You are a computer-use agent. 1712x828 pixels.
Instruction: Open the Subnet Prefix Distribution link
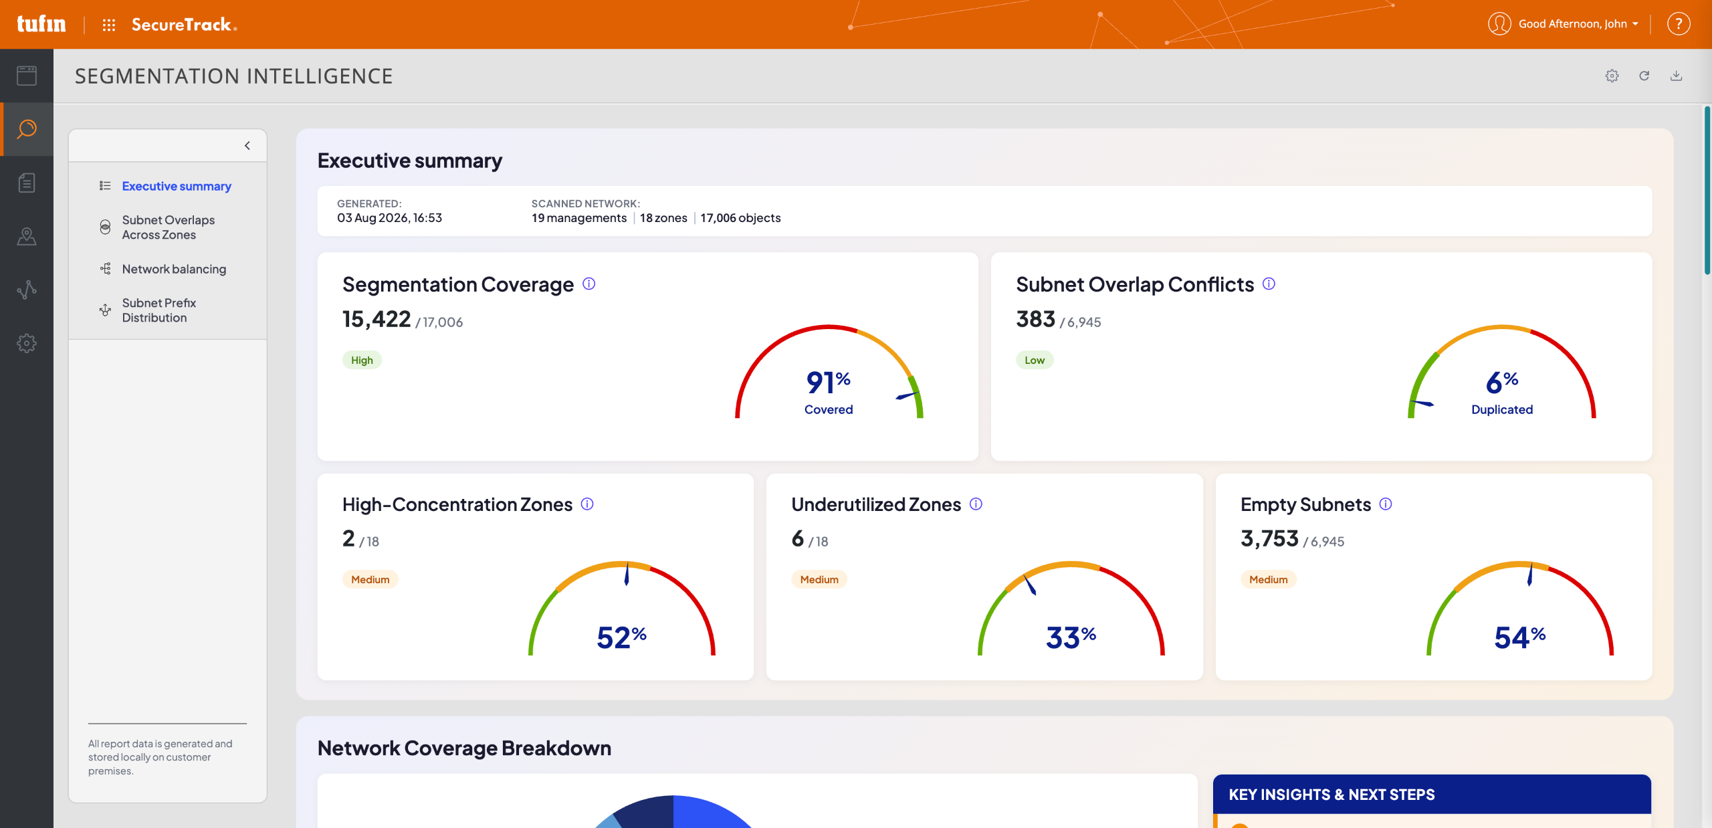[x=158, y=310]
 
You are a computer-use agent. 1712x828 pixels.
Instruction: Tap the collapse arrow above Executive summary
[x=247, y=145]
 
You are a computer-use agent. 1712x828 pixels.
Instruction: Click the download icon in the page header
[x=1676, y=76]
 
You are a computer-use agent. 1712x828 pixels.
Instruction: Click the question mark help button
[x=1679, y=24]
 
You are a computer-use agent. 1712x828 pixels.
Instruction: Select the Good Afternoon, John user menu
[x=1564, y=24]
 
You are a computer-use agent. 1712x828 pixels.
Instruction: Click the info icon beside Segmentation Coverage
[x=588, y=284]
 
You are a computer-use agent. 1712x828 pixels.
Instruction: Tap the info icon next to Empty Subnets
[x=1386, y=504]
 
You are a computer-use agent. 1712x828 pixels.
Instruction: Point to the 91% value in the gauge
[x=829, y=382]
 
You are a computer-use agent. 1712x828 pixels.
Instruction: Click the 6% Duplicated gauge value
[x=1502, y=382]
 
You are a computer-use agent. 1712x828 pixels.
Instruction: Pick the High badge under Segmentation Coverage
[x=362, y=360]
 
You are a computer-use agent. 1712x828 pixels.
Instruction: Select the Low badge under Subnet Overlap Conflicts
[x=1035, y=360]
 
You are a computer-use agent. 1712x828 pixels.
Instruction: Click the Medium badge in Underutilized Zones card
[x=819, y=579]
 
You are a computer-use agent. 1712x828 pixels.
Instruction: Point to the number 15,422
[x=377, y=319]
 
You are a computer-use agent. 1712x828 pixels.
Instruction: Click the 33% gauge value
[x=1071, y=637]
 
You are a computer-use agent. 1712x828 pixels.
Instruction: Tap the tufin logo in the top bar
[x=41, y=24]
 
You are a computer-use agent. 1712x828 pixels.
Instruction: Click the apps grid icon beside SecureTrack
[x=109, y=25]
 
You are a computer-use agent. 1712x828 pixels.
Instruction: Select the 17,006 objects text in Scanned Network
[x=740, y=218]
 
